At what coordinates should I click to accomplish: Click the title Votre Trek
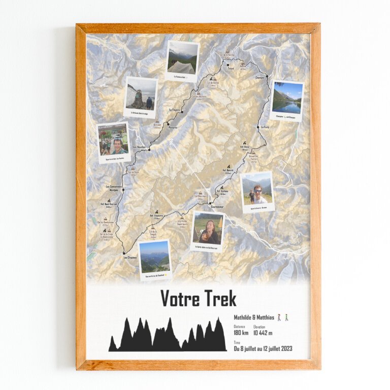(x=199, y=299)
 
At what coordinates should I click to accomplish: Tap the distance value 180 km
(x=241, y=333)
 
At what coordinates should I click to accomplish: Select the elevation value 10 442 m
(x=263, y=333)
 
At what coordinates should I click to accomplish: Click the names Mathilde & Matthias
(x=254, y=317)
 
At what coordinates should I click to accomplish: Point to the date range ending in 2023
(x=263, y=349)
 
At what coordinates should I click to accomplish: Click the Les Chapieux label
(x=130, y=257)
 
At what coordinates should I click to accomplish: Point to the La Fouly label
(x=265, y=127)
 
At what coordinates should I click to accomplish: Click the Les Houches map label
(x=139, y=147)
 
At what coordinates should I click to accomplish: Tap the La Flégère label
(x=175, y=109)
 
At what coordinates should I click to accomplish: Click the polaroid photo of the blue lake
(x=287, y=100)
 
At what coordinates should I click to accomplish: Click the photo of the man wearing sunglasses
(x=257, y=191)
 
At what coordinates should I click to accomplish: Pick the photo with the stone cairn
(x=141, y=96)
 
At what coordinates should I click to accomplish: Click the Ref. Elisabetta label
(x=156, y=215)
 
